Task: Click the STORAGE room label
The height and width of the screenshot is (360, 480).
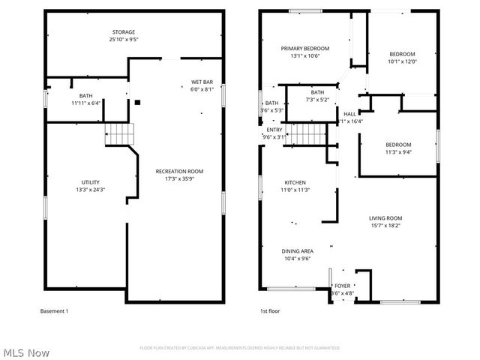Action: tap(124, 32)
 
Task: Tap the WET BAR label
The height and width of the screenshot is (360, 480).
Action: tap(202, 82)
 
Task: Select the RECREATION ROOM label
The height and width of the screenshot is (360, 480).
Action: tap(179, 172)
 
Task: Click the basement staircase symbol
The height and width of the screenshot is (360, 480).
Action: tap(119, 133)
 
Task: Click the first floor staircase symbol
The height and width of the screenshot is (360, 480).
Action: tap(305, 136)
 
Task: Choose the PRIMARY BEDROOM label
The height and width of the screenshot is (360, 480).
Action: tap(305, 49)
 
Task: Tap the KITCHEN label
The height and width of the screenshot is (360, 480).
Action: tap(295, 183)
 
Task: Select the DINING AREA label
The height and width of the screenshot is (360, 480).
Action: tap(298, 251)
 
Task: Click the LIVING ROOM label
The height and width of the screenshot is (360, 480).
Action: tap(385, 218)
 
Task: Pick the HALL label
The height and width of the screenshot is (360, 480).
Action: tap(349, 114)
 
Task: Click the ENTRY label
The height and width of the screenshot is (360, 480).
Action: tap(274, 130)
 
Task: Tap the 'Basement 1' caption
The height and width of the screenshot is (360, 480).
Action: tap(54, 310)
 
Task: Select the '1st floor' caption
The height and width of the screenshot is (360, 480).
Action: tap(270, 310)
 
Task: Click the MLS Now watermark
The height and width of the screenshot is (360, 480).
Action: tap(25, 352)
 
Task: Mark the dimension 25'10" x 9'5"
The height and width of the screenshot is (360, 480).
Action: tap(124, 40)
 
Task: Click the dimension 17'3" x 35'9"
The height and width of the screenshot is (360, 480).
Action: tap(179, 179)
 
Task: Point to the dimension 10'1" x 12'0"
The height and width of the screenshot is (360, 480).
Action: tap(401, 62)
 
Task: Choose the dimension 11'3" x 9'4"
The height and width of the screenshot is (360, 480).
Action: tap(398, 152)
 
